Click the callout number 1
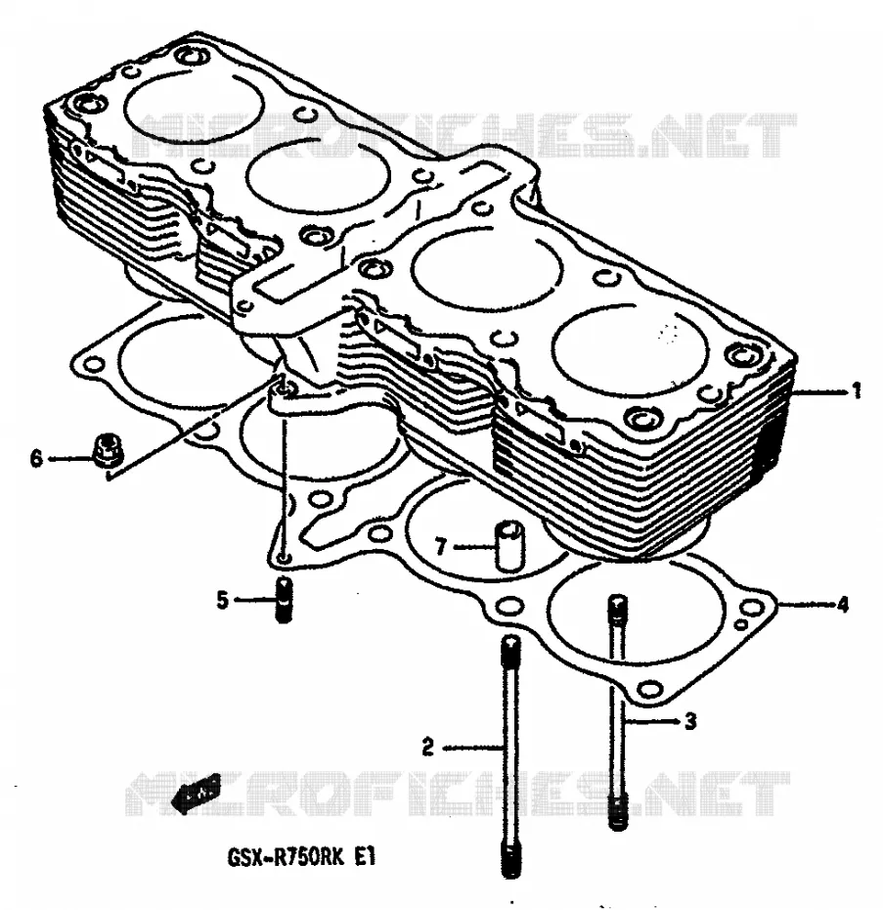[857, 391]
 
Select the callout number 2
[427, 747]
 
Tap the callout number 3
[689, 721]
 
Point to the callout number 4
[842, 605]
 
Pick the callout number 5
[223, 600]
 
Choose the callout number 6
[36, 459]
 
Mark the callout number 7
[441, 546]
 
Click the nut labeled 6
[107, 450]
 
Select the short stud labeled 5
[284, 600]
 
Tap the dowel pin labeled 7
[508, 544]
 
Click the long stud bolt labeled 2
[510, 756]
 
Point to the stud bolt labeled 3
[618, 712]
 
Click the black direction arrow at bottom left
[199, 793]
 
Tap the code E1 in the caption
[366, 856]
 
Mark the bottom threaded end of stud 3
[618, 812]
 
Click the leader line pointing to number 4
[806, 605]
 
